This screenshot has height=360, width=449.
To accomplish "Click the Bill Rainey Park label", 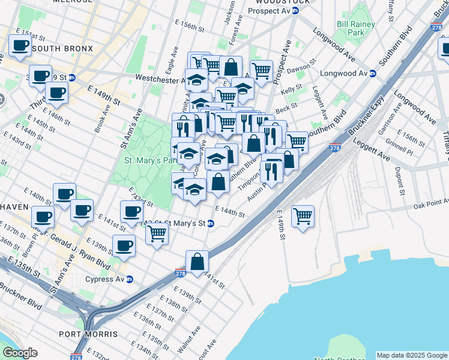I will click(356, 28).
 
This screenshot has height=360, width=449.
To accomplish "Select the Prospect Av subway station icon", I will click(295, 11).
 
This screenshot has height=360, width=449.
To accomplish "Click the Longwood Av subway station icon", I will click(372, 74).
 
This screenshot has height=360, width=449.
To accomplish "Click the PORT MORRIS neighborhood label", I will click(88, 334).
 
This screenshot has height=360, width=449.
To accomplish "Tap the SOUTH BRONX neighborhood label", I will click(62, 48).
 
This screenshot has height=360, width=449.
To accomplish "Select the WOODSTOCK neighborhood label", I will click(271, 2).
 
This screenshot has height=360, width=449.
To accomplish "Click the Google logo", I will click(20, 352).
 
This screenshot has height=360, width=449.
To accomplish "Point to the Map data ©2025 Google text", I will click(411, 355).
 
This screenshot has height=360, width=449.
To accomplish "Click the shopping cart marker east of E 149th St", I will click(303, 215).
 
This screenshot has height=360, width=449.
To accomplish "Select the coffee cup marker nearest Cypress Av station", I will click(124, 247).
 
